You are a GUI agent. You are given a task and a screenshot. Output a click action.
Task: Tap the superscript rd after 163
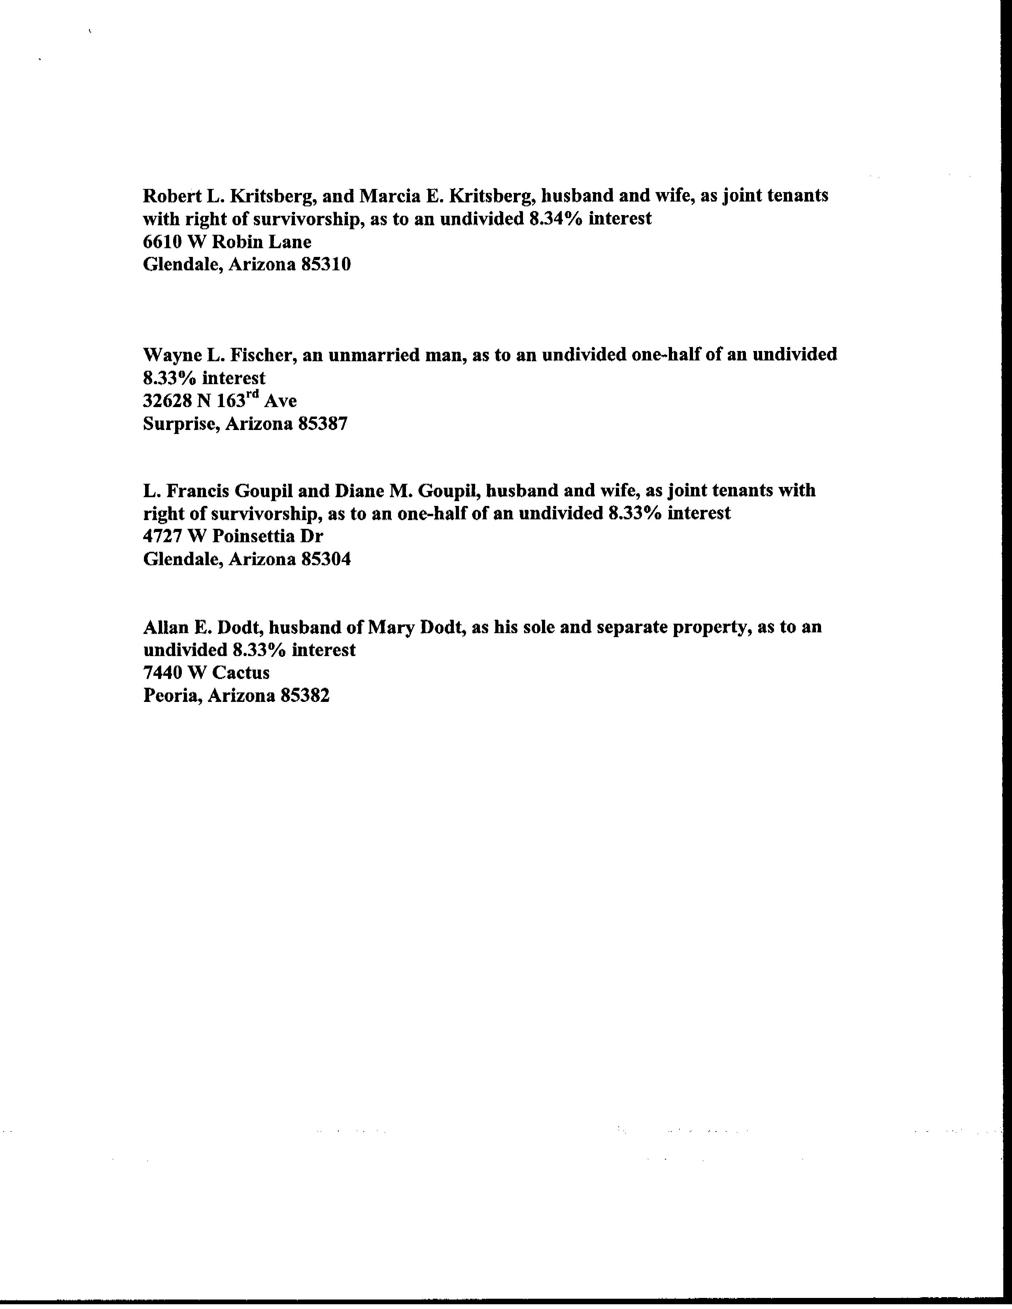coord(254,395)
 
